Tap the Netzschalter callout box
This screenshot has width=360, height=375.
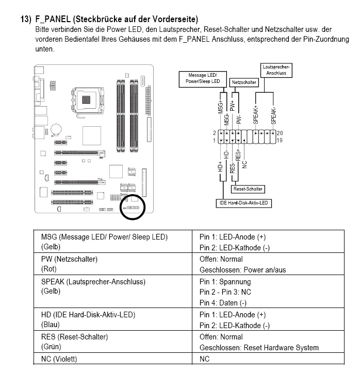[x=244, y=82]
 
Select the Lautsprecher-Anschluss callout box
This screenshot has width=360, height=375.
[x=276, y=70]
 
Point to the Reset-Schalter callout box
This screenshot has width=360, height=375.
[x=248, y=189]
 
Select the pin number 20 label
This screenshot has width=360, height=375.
[x=280, y=133]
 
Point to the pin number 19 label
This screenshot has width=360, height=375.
[x=280, y=140]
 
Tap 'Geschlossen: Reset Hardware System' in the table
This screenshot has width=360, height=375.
[x=259, y=348]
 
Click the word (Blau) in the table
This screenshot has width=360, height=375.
[x=51, y=325]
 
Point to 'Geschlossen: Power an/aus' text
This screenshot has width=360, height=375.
[x=242, y=270]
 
